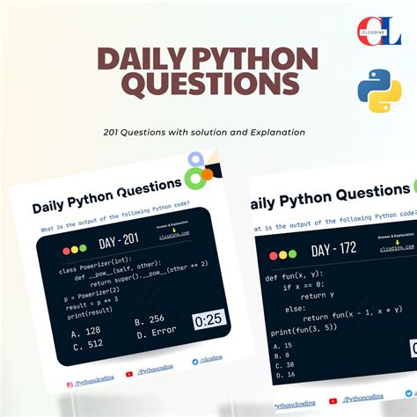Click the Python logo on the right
(379, 91)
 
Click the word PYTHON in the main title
(251, 62)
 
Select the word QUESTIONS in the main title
(209, 84)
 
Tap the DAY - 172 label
(337, 249)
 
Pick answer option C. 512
(86, 345)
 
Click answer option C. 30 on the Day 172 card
(283, 362)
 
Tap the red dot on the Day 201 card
(66, 249)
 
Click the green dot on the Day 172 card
(293, 254)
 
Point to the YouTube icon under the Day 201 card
(130, 373)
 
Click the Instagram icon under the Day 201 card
(69, 384)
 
